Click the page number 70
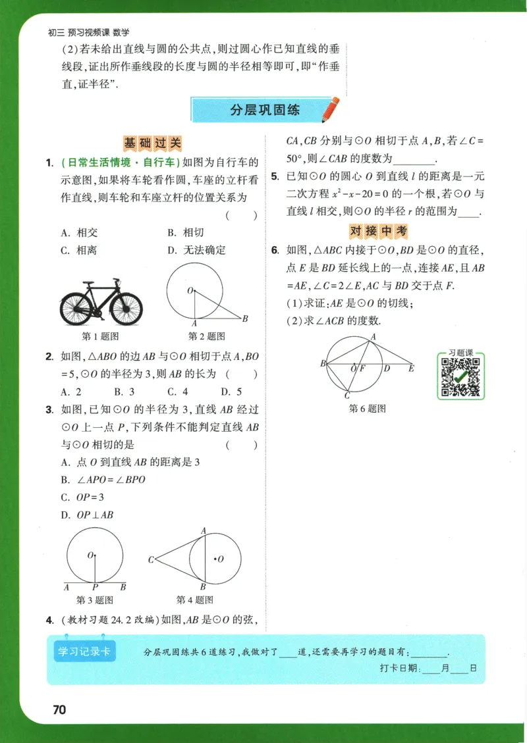[x=59, y=709]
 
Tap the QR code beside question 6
[x=460, y=377]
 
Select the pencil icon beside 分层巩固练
[x=331, y=109]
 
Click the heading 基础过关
[x=152, y=143]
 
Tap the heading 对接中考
[x=378, y=231]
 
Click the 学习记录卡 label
[x=84, y=652]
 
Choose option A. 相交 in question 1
[x=79, y=232]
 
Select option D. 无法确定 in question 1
[x=196, y=250]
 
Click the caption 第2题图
[x=207, y=336]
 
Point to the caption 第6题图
[x=367, y=409]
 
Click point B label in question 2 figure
[x=244, y=319]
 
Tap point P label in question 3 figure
[x=95, y=587]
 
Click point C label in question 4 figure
[x=151, y=560]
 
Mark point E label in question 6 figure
[x=411, y=369]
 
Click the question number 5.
[x=274, y=177]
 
